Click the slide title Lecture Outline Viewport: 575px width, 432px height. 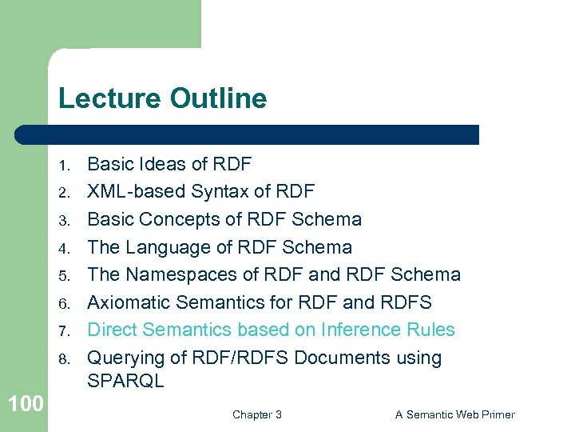click(162, 99)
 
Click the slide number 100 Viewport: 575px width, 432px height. click(26, 404)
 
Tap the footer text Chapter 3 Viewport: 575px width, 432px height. click(256, 414)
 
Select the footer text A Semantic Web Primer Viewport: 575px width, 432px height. click(454, 414)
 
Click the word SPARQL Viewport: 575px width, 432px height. click(125, 382)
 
